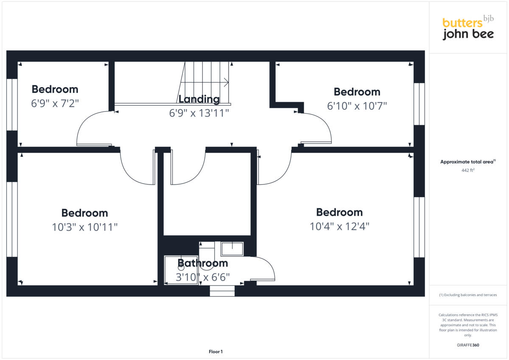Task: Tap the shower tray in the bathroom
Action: pos(181,270)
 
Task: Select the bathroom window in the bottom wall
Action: pos(222,291)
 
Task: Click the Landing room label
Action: pos(199,99)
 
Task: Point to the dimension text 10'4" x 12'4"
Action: pos(339,226)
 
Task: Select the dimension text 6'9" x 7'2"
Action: pos(55,103)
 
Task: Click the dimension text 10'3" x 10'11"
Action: pos(84,227)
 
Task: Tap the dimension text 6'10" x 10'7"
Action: pos(357,106)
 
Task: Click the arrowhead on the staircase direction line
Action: pos(227,82)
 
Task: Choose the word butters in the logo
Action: pos(463,23)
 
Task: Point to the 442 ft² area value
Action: pos(467,170)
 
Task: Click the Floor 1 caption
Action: pos(215,352)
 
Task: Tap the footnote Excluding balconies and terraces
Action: pos(468,295)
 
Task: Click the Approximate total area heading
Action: pos(467,162)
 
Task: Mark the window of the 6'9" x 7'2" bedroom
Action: pos(12,104)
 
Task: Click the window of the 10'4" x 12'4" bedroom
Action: pos(419,227)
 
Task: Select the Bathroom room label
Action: pos(202,263)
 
